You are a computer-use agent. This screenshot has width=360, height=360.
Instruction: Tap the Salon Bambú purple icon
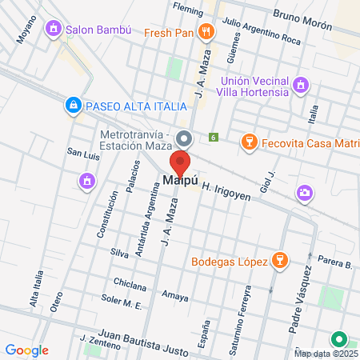(x=54, y=30)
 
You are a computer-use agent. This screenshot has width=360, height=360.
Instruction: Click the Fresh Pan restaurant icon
(x=207, y=32)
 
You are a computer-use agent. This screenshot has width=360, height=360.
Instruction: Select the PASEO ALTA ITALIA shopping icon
(x=73, y=105)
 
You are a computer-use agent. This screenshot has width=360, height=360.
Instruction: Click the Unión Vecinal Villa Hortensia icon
(x=300, y=85)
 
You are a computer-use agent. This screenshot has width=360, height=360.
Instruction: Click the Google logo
(x=26, y=350)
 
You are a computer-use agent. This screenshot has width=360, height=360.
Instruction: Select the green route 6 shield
(x=214, y=138)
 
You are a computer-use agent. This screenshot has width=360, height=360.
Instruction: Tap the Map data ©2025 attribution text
(x=325, y=354)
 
